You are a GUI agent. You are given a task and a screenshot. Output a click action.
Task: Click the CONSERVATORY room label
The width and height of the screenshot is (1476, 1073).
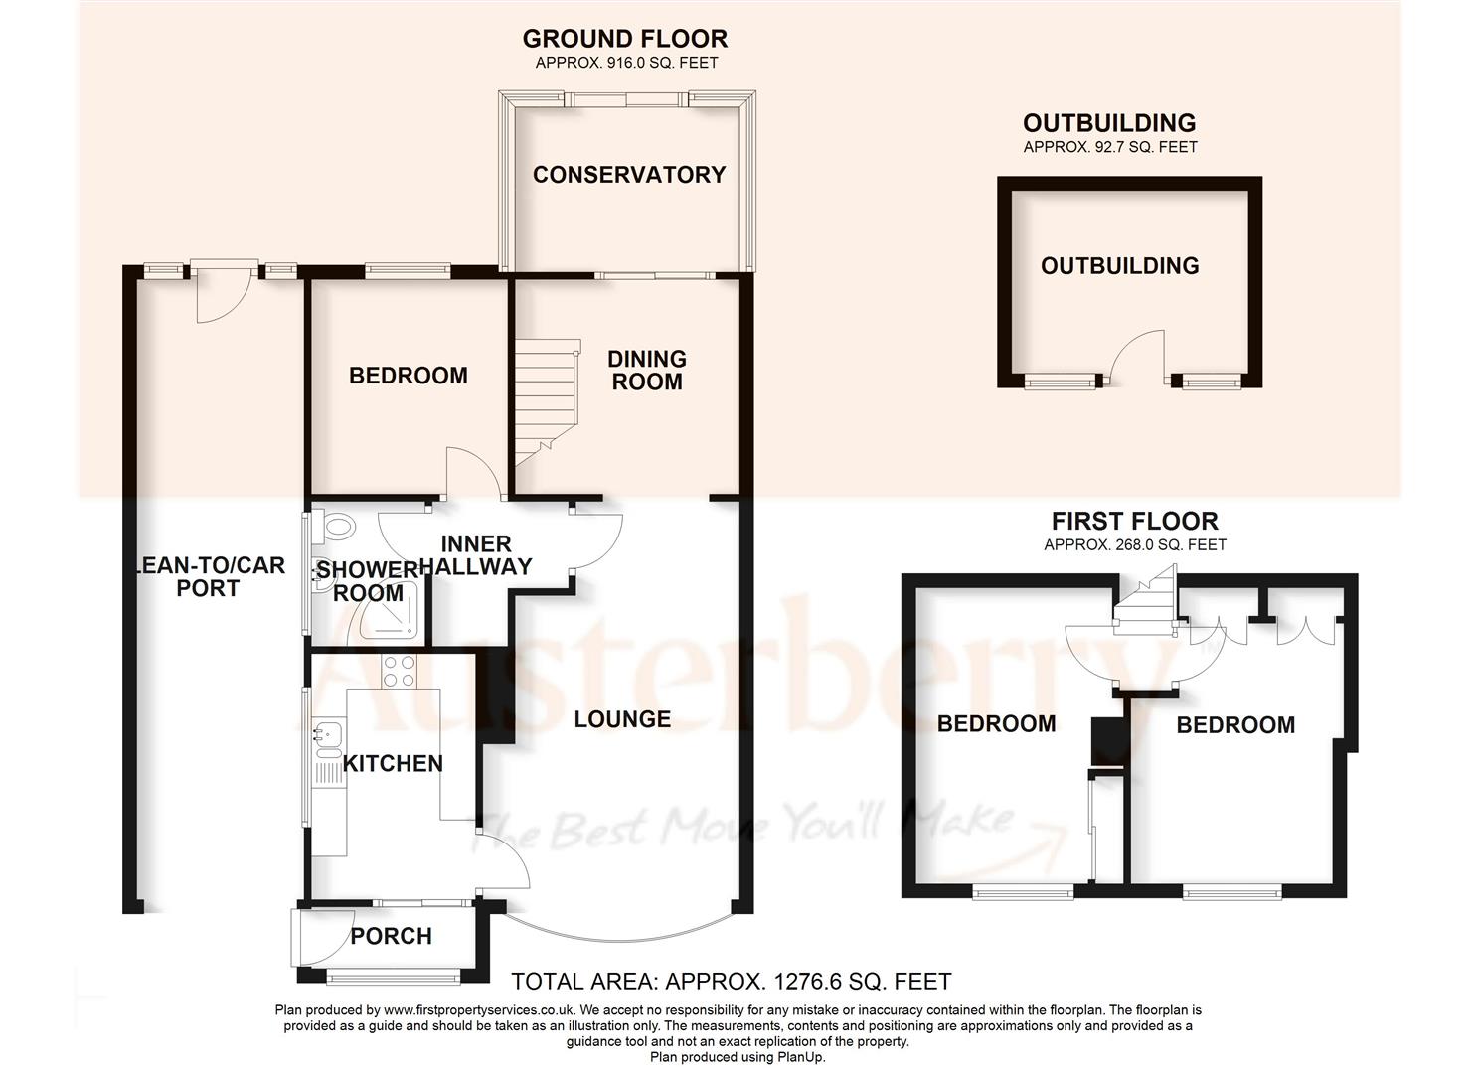point(629,175)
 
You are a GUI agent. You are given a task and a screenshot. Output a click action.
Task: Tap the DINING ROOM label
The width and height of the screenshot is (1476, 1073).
point(647,370)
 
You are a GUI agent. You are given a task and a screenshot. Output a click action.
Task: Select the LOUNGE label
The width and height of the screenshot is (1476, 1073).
point(622,719)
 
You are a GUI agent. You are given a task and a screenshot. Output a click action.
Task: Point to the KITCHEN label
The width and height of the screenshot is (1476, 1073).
point(393,763)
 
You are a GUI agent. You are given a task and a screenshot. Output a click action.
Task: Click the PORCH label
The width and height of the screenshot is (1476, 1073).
point(392,936)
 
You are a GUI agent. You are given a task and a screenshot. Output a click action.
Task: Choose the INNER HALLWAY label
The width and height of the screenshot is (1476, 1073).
point(476,555)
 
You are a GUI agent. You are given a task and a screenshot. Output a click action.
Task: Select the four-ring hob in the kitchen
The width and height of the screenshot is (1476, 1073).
point(400,672)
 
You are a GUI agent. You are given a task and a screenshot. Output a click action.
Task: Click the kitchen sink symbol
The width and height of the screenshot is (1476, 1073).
point(327,736)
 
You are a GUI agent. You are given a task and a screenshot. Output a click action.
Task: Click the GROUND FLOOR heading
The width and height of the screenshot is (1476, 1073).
point(625,39)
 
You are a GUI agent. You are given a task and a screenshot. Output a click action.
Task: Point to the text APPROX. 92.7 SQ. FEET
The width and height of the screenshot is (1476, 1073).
point(1110,147)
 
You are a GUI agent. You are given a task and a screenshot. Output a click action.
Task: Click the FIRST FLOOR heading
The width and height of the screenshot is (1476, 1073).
point(1135,521)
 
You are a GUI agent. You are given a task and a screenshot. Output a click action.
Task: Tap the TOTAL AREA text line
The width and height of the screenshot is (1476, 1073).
point(731,982)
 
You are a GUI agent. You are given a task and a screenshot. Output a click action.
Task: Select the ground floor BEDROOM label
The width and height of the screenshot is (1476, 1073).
point(408,376)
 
